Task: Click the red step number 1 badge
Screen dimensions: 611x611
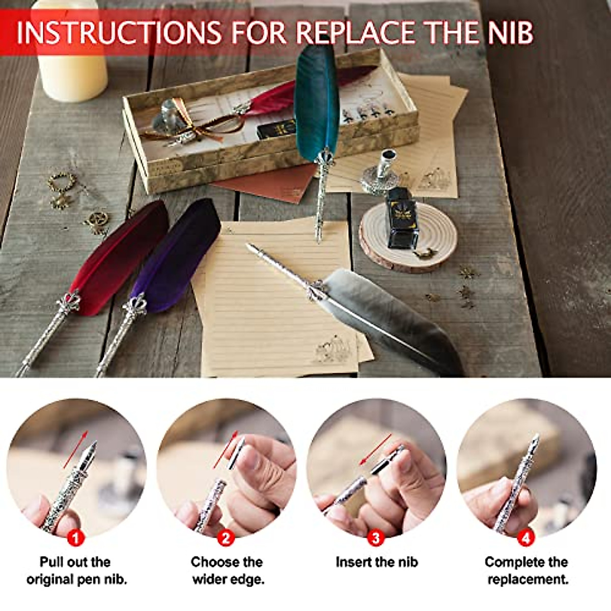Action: click(76, 538)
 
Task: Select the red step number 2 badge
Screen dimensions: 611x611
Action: click(226, 538)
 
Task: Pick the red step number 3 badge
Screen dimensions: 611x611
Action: click(376, 538)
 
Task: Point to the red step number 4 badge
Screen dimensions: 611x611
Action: click(525, 538)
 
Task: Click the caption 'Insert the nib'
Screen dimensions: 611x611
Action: click(376, 562)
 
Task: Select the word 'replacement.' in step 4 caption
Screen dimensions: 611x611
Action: click(527, 579)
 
